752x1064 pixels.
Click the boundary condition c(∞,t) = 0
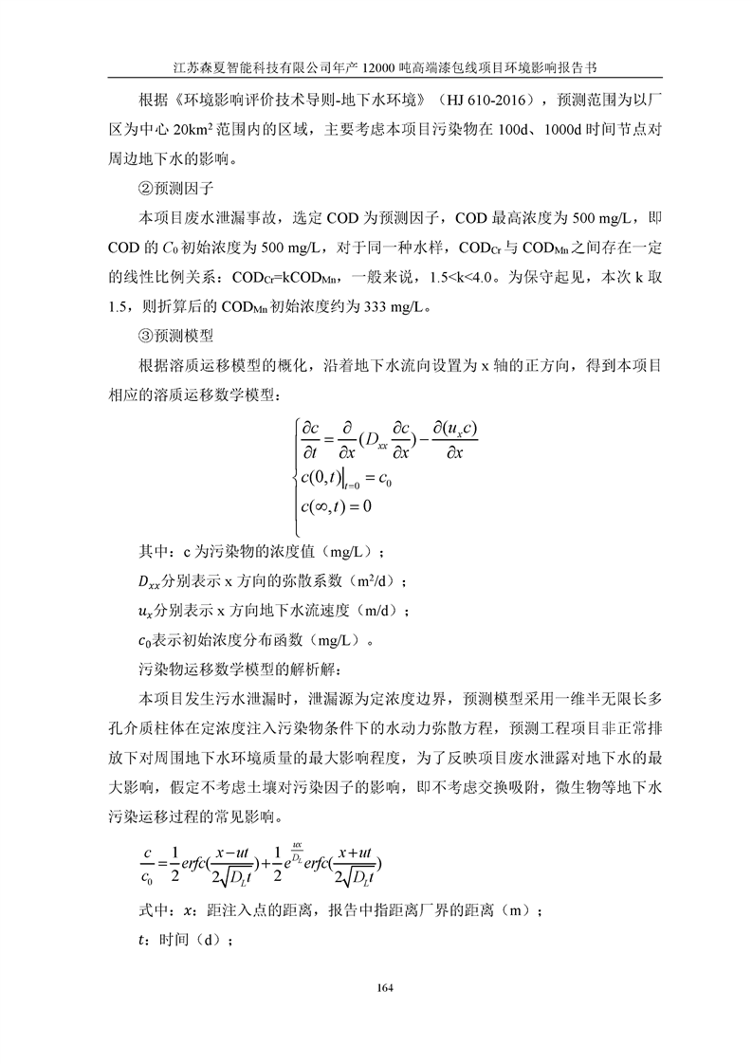[335, 507]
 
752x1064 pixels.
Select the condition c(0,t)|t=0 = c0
[345, 477]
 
